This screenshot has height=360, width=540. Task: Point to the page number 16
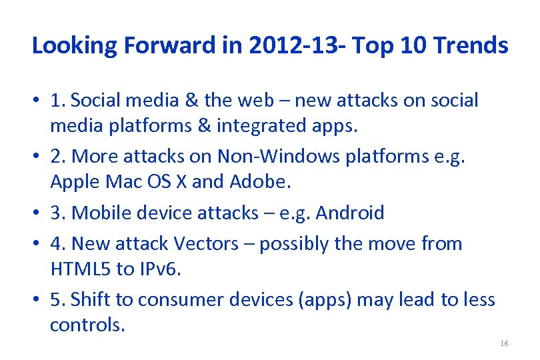pos(503,343)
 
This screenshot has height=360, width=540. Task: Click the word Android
pos(350,213)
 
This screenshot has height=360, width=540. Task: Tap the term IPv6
pos(161,269)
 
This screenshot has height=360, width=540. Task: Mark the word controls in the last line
pos(87,325)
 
